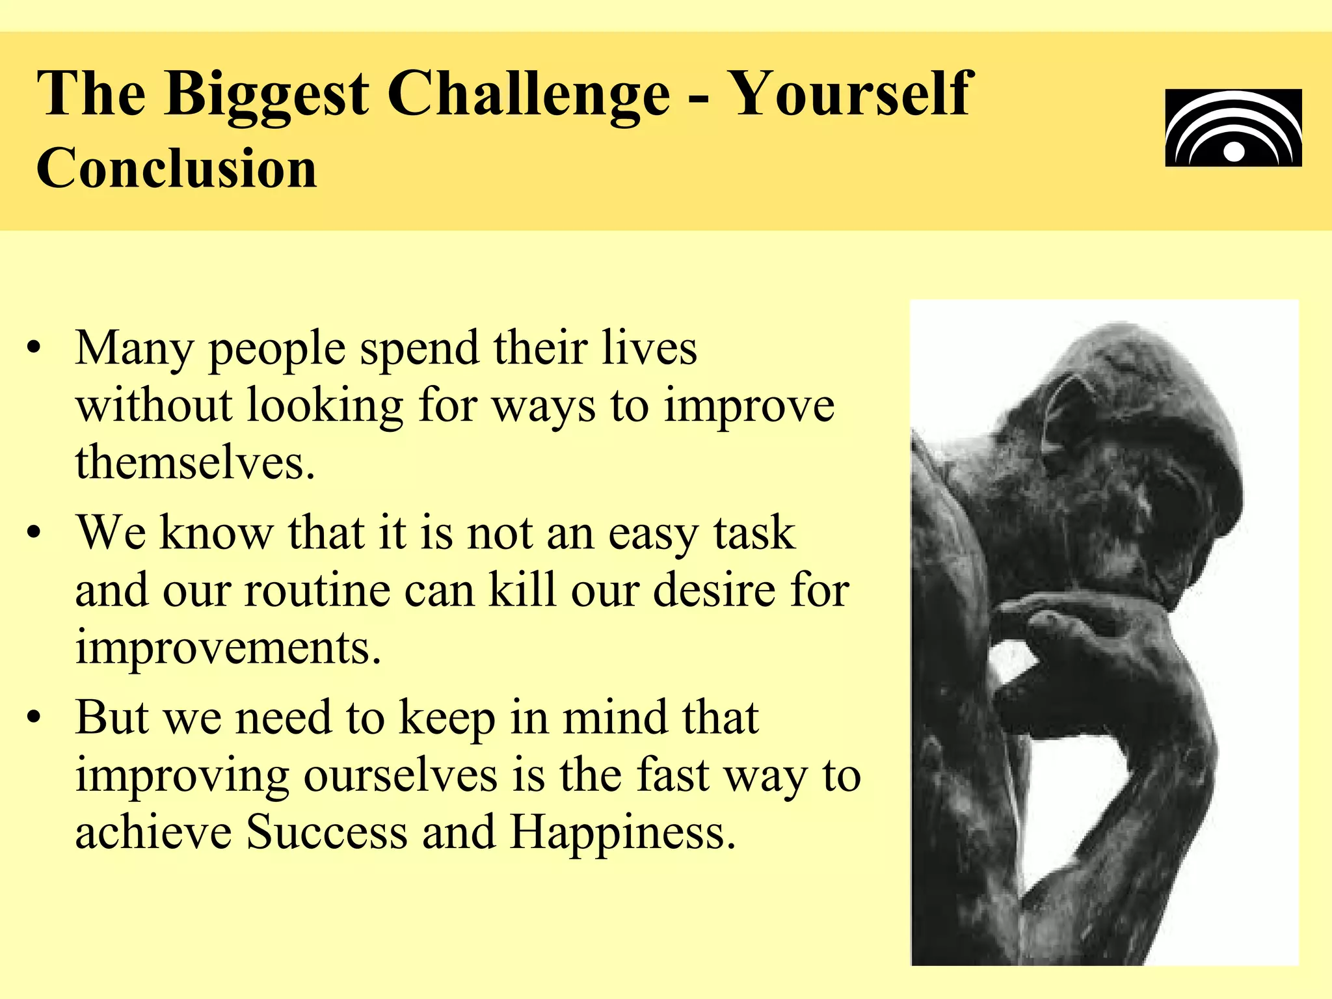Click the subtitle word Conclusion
(176, 168)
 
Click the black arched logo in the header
(1233, 127)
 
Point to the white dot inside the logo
(1233, 152)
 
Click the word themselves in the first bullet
(194, 462)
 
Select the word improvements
(228, 648)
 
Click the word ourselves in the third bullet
(400, 775)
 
